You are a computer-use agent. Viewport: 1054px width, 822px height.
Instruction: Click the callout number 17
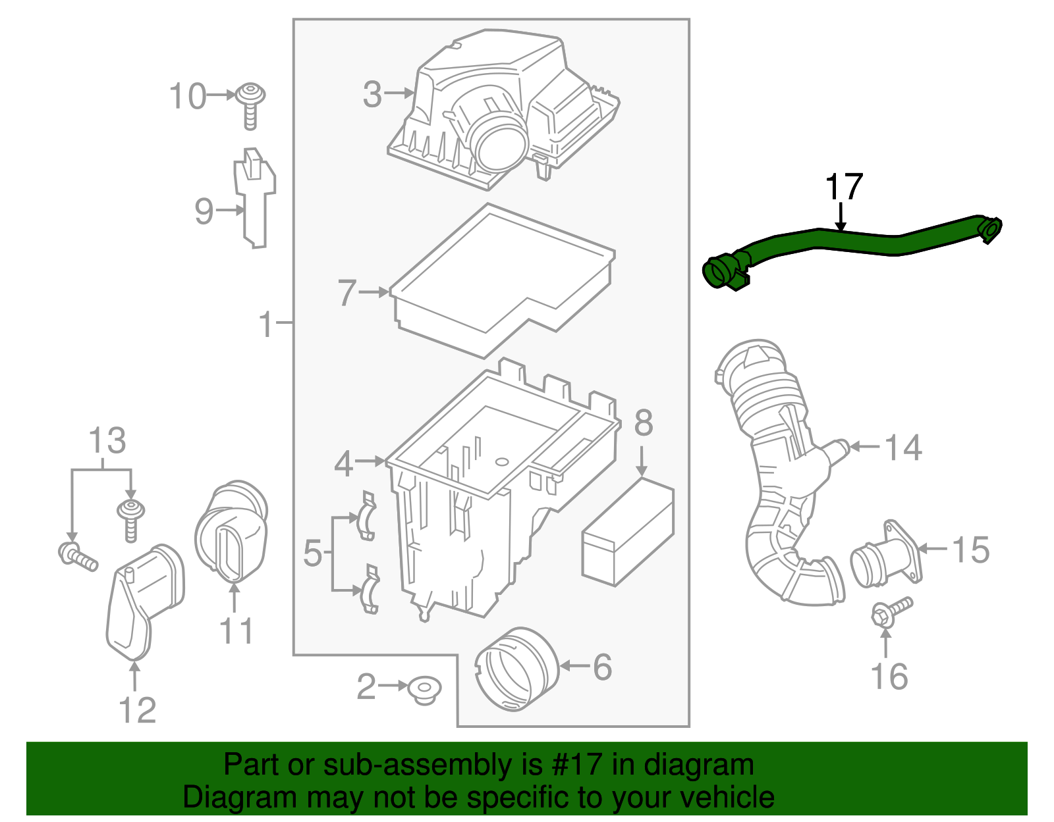[x=844, y=188]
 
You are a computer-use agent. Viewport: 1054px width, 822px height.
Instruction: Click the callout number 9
[x=204, y=211]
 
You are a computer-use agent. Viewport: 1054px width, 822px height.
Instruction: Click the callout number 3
[x=372, y=94]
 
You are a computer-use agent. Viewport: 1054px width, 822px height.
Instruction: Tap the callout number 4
[x=344, y=464]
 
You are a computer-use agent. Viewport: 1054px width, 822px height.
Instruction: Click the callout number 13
[x=107, y=441]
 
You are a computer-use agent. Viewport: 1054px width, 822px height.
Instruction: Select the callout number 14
[x=903, y=448]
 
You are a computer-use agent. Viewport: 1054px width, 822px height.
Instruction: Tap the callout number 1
[x=265, y=324]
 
